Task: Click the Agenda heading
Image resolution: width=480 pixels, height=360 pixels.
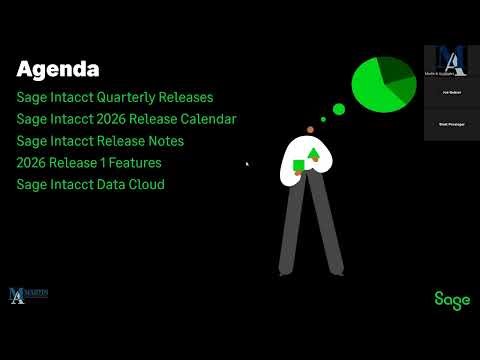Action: point(58,70)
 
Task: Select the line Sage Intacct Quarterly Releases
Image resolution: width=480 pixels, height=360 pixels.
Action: point(115,98)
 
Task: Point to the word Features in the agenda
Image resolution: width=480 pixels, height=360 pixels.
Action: point(135,163)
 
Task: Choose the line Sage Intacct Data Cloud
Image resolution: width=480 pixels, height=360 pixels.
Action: point(90,185)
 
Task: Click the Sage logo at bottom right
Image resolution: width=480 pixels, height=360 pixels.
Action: point(452,299)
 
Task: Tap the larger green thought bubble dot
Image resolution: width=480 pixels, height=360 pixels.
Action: point(338,109)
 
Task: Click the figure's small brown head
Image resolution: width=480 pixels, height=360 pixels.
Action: point(311,130)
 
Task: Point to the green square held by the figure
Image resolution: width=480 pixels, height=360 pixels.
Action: point(298,165)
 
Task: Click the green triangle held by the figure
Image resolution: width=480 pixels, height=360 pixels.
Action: point(314,153)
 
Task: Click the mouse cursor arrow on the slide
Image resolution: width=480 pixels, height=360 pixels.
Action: point(247,163)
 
